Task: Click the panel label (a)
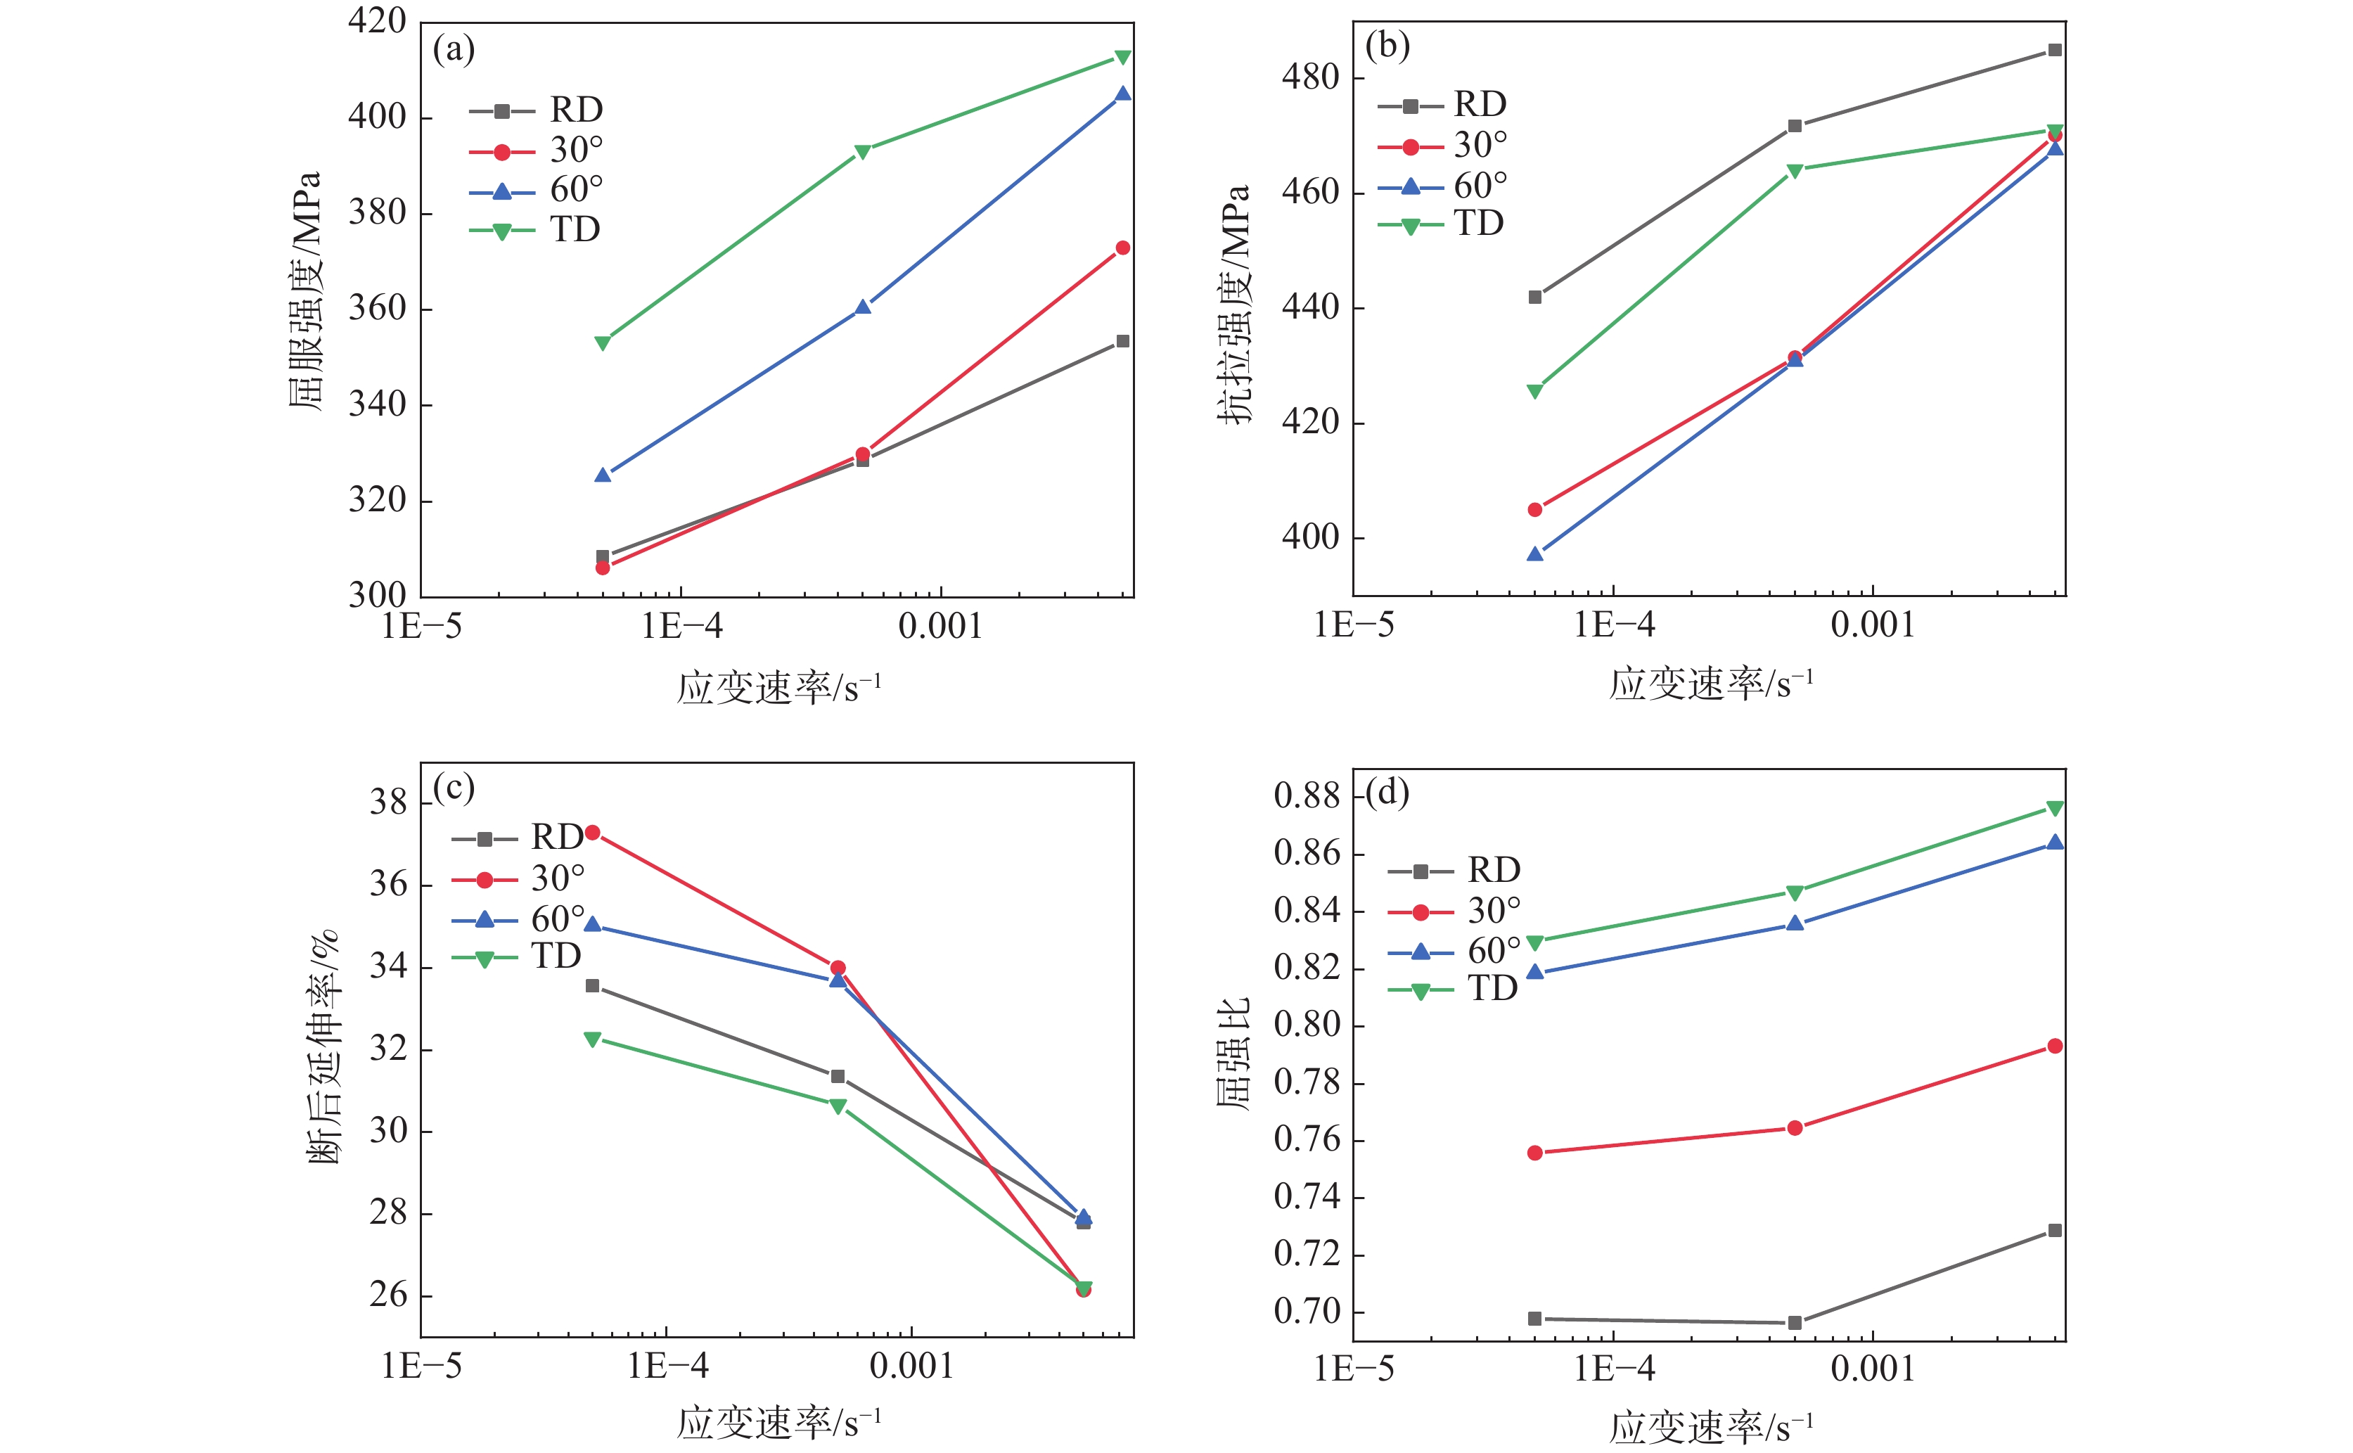(454, 49)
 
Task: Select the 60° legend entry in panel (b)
(1441, 186)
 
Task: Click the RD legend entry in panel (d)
(1453, 871)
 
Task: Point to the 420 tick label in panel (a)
(377, 20)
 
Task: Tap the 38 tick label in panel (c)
(388, 802)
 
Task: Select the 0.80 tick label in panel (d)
(1306, 1025)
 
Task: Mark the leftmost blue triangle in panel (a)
(603, 475)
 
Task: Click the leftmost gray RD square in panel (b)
(1534, 297)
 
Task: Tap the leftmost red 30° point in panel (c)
(593, 832)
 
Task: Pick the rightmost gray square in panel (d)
(2054, 1230)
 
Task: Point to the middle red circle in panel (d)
(1794, 1127)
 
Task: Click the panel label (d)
(1387, 793)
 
